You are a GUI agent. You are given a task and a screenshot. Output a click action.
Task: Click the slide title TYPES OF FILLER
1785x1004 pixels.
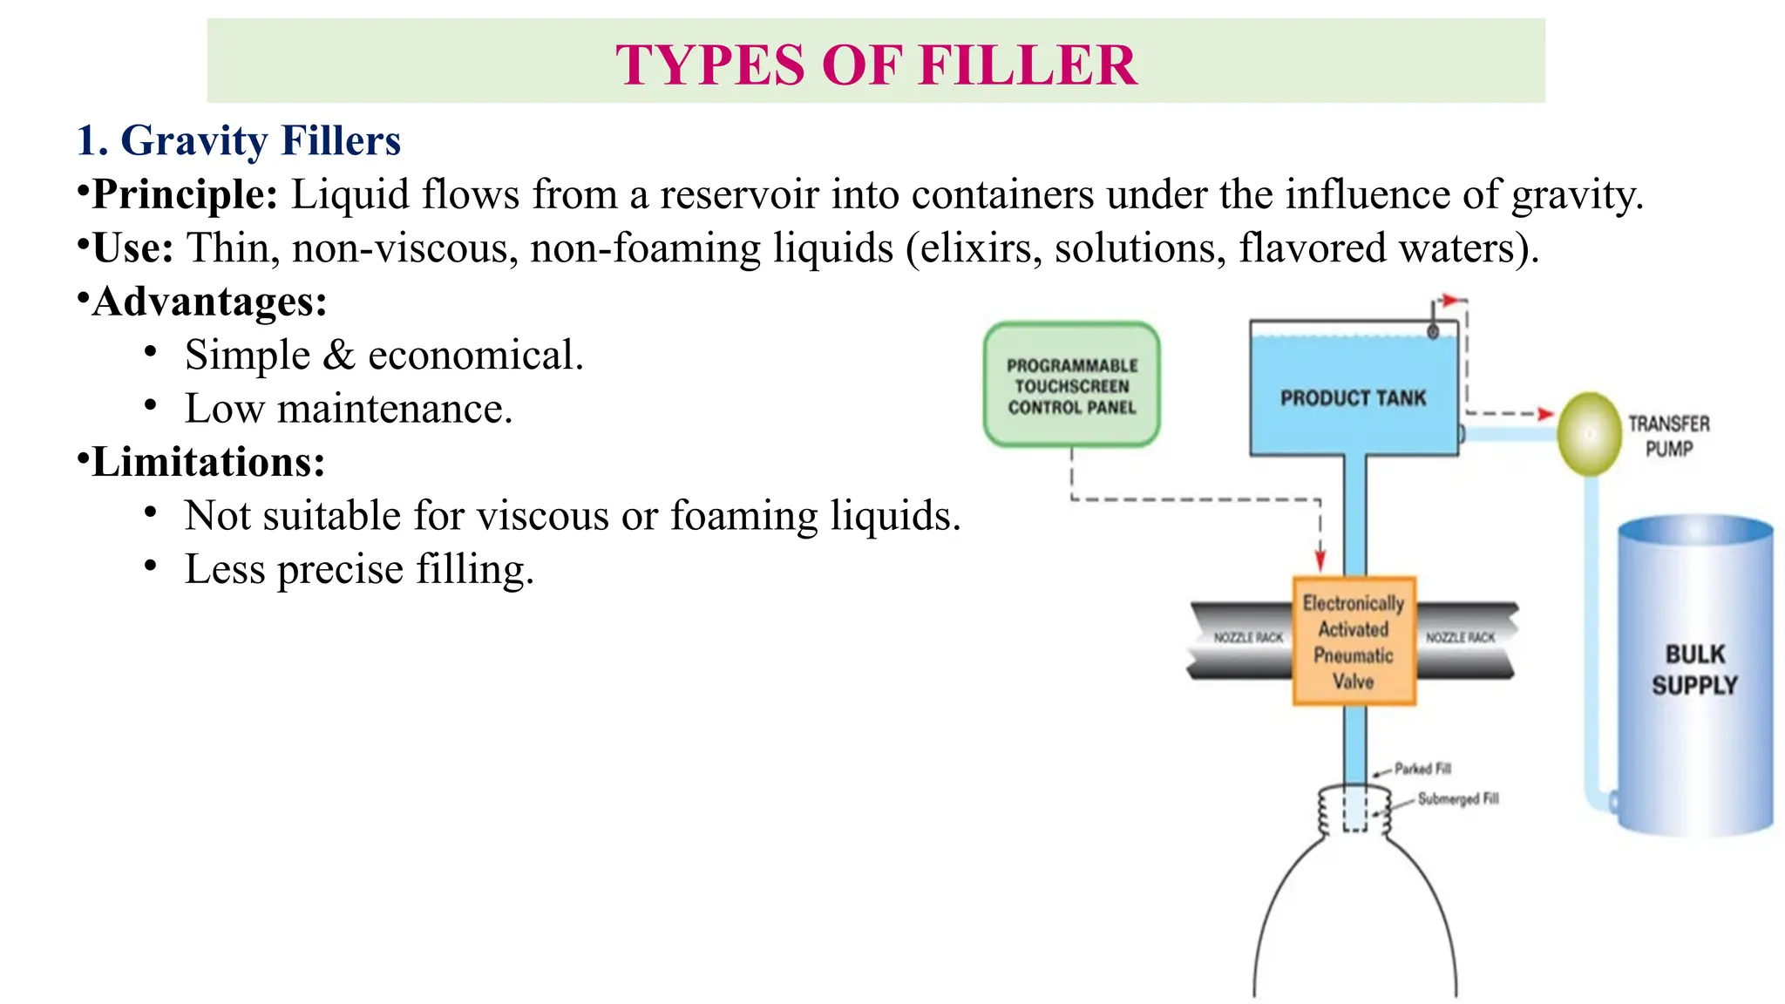(876, 64)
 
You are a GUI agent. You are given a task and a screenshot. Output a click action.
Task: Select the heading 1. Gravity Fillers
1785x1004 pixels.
(238, 140)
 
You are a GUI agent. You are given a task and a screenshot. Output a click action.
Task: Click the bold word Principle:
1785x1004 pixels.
(185, 194)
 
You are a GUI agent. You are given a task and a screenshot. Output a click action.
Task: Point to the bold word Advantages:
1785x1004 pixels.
(209, 302)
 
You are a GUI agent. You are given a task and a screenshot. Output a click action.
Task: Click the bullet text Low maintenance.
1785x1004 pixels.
(349, 409)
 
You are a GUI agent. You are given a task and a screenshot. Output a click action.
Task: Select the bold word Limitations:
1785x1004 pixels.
(208, 462)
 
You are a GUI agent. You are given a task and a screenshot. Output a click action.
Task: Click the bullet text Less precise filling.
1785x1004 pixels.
(359, 569)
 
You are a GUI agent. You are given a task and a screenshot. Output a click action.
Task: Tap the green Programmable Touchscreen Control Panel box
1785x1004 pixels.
(1071, 385)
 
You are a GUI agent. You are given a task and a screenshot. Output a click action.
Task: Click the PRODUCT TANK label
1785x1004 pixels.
(1353, 398)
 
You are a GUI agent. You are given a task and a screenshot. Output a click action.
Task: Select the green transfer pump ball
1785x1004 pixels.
(1589, 434)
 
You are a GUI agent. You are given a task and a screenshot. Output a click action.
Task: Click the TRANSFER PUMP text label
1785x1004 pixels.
(1668, 436)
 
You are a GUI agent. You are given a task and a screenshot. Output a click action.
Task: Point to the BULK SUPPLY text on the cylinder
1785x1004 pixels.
(1694, 669)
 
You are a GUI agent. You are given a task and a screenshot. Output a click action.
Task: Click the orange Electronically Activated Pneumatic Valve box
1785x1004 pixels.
(1353, 641)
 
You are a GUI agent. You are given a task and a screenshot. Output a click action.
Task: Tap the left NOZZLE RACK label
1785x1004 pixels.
(1248, 638)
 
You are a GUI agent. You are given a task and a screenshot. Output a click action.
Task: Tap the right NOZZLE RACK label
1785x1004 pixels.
(1460, 638)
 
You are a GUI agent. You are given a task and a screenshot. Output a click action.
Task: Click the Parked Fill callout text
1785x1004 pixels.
(1422, 769)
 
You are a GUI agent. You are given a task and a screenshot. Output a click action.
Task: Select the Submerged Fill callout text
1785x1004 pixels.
(1457, 798)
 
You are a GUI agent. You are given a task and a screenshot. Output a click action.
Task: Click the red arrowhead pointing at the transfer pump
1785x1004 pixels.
(1545, 414)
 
